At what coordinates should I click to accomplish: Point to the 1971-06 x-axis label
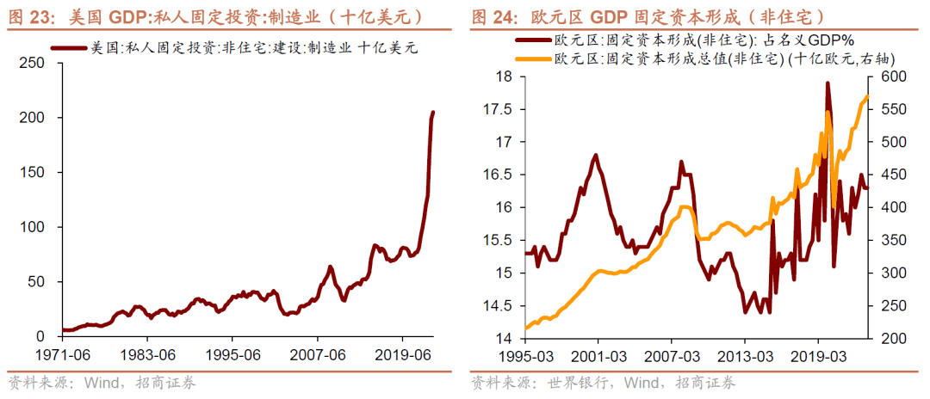coord(65,354)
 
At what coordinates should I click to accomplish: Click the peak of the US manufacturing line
coord(433,112)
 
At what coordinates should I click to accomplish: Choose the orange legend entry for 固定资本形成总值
coord(723,58)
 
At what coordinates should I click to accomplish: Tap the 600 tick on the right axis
coord(891,77)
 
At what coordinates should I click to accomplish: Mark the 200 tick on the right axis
coord(891,339)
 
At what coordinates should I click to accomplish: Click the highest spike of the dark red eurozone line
coord(827,83)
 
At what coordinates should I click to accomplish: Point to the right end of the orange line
coord(868,95)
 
